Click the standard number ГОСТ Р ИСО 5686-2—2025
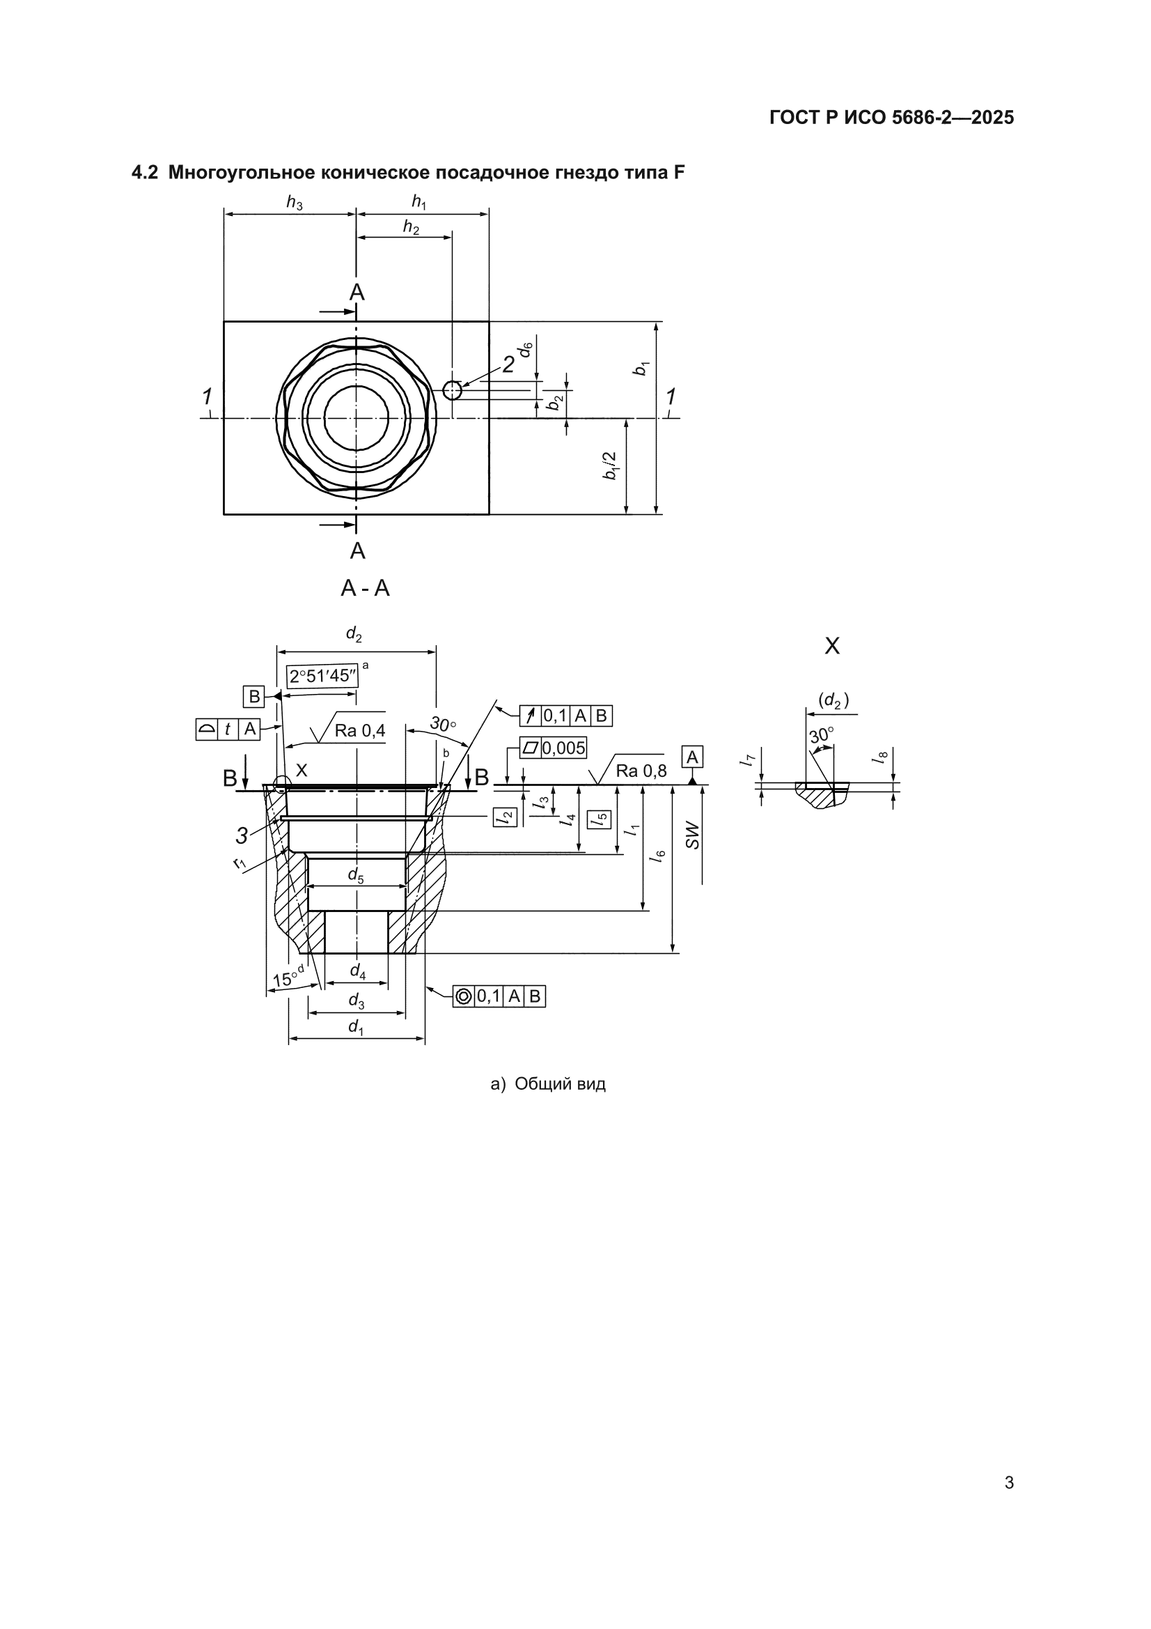click(x=891, y=118)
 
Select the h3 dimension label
click(x=295, y=202)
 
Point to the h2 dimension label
click(x=412, y=227)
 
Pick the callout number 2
click(x=508, y=364)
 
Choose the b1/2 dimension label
click(x=610, y=465)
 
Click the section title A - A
click(x=366, y=588)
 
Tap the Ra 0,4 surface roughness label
click(x=360, y=731)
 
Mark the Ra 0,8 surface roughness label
click(x=641, y=771)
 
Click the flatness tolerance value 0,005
click(x=565, y=748)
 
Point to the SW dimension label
click(x=692, y=836)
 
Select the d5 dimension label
click(x=356, y=876)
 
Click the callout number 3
click(x=242, y=837)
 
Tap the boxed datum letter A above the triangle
click(x=693, y=758)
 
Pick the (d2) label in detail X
click(x=834, y=701)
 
